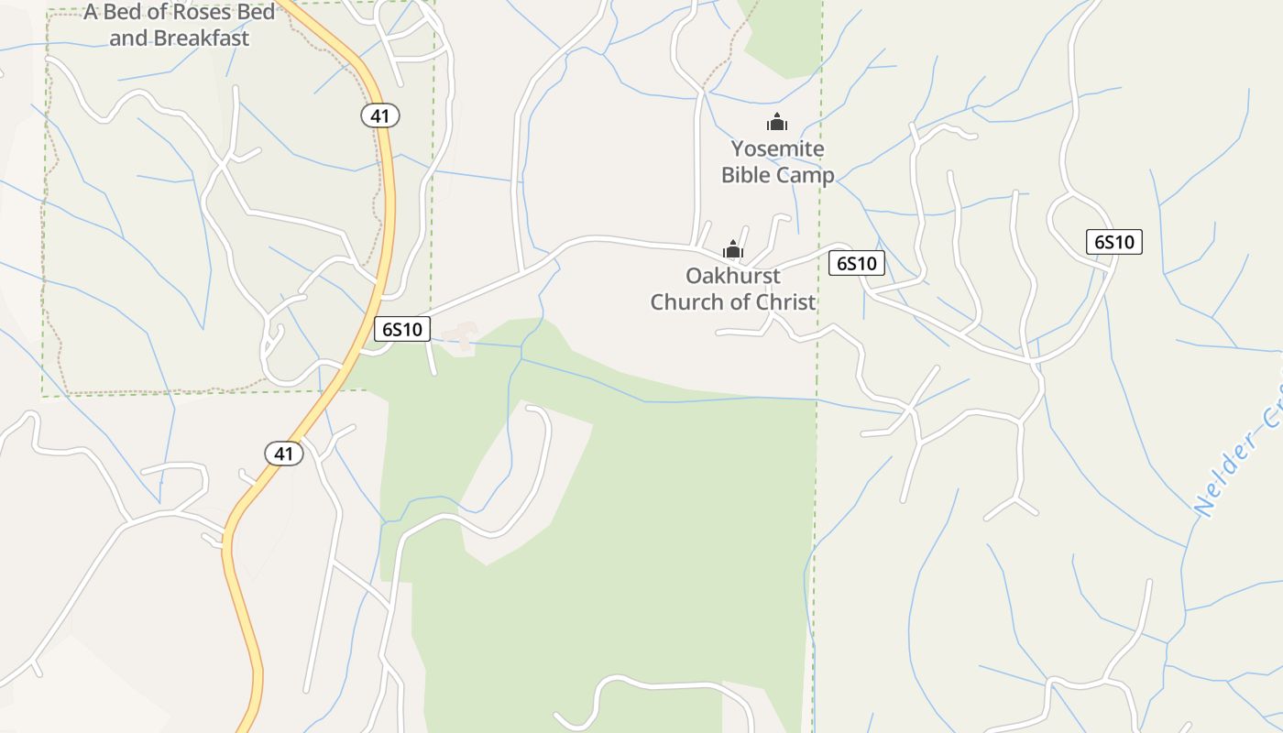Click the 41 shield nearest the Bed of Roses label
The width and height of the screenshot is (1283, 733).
379,115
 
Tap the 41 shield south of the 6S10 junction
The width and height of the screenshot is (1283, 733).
284,453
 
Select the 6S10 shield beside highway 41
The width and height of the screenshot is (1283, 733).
401,329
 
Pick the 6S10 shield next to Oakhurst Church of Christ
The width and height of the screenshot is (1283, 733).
857,263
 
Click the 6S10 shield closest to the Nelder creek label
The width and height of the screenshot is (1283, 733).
1113,242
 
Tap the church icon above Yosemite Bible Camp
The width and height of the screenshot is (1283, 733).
777,122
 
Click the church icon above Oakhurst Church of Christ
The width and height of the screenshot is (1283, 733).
733,249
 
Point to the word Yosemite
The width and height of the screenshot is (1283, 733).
777,148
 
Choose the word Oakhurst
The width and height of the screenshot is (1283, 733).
733,276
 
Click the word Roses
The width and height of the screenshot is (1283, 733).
214,13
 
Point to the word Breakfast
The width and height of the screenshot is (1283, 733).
202,38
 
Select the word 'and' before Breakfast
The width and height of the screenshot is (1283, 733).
128,38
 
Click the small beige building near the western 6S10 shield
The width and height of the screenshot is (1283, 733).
461,336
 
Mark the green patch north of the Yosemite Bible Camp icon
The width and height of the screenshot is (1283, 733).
784,37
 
